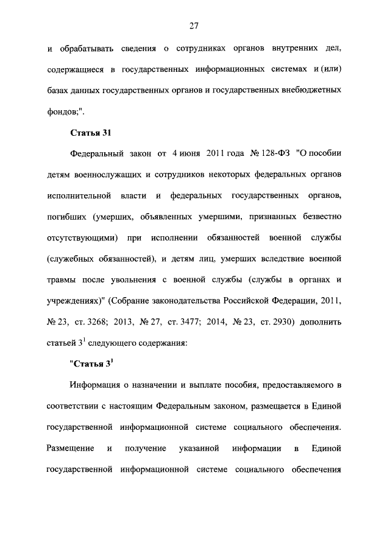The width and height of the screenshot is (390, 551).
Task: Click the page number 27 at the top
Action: coord(194,26)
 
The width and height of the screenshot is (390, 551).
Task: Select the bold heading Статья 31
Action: coord(89,132)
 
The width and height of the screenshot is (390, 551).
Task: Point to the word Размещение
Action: coord(70,448)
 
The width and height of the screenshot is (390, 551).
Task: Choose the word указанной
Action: coord(199,448)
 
